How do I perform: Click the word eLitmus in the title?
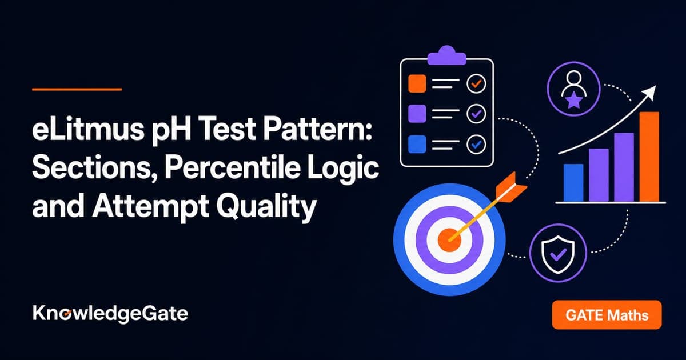(x=87, y=130)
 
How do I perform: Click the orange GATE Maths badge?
(x=607, y=315)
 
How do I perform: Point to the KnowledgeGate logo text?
(x=110, y=314)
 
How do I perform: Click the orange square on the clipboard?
(x=417, y=83)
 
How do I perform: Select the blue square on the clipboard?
(x=417, y=144)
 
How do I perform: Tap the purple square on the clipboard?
(x=417, y=114)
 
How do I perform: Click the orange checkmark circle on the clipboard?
(x=476, y=83)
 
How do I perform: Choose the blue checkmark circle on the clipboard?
(x=476, y=144)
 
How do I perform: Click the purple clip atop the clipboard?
(x=447, y=56)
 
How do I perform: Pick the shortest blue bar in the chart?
(x=573, y=183)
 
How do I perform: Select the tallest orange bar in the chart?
(x=649, y=157)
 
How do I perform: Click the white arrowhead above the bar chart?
(x=650, y=92)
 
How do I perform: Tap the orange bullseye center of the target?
(x=449, y=240)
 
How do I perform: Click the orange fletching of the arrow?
(x=510, y=187)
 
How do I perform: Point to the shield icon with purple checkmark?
(x=558, y=254)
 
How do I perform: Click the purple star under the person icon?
(x=573, y=101)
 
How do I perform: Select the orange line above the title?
(x=77, y=89)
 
